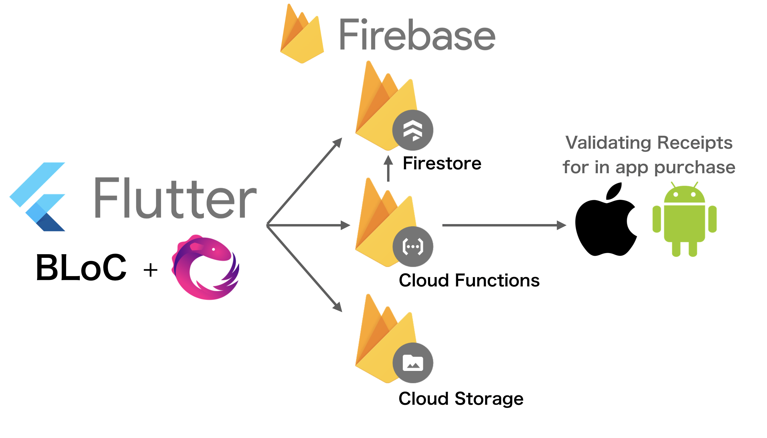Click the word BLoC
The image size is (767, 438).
point(81,267)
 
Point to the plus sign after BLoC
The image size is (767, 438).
point(150,270)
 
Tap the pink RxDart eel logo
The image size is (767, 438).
point(206,267)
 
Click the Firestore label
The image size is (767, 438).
point(442,163)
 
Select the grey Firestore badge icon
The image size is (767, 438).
point(412,130)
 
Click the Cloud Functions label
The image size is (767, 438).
point(469,280)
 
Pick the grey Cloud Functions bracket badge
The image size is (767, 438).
point(412,247)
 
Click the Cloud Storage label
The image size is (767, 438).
point(461,399)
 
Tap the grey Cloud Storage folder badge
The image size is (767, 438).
point(412,363)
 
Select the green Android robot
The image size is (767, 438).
point(684,220)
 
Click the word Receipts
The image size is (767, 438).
point(694,143)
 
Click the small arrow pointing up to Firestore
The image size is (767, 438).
point(388,169)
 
